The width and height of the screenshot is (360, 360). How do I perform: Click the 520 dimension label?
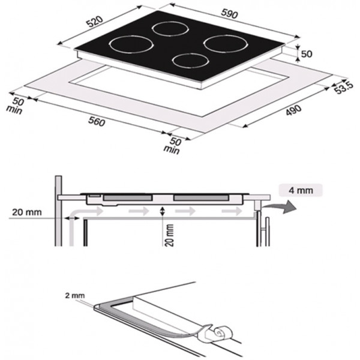point(95,22)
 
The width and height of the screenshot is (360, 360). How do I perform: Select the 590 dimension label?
point(229,14)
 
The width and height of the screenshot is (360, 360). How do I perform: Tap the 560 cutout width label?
point(97,121)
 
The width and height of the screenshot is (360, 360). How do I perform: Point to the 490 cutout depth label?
point(293,110)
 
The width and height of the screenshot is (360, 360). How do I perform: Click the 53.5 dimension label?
point(344,88)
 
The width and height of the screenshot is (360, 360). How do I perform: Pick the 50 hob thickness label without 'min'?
point(307,54)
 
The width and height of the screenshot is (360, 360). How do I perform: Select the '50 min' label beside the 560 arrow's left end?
point(16,106)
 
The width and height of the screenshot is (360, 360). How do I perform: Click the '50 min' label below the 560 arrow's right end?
point(173,146)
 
